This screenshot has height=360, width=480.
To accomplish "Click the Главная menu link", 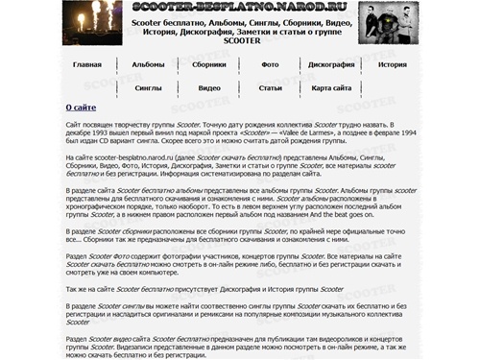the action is coord(87,64).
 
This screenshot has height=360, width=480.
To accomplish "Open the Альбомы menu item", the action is coord(148,64).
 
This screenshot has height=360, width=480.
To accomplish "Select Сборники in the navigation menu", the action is coord(209,64).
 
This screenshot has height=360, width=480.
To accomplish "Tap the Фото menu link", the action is coord(270,64).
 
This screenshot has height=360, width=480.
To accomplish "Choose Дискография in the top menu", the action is coord(331,64).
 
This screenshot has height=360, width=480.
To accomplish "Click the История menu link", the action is coord(392,64).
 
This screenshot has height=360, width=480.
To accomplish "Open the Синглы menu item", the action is coord(148,87).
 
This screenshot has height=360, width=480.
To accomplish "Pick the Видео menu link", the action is coord(209,87).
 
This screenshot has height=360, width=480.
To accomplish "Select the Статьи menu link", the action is coord(270,87).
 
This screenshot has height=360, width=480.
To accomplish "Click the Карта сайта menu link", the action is coord(331,87).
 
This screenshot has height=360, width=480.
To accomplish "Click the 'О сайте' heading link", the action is coord(80,108).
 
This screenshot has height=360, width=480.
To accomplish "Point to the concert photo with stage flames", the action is coord(96,23).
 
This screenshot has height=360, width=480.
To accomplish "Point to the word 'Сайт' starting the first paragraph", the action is coord(73,126).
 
